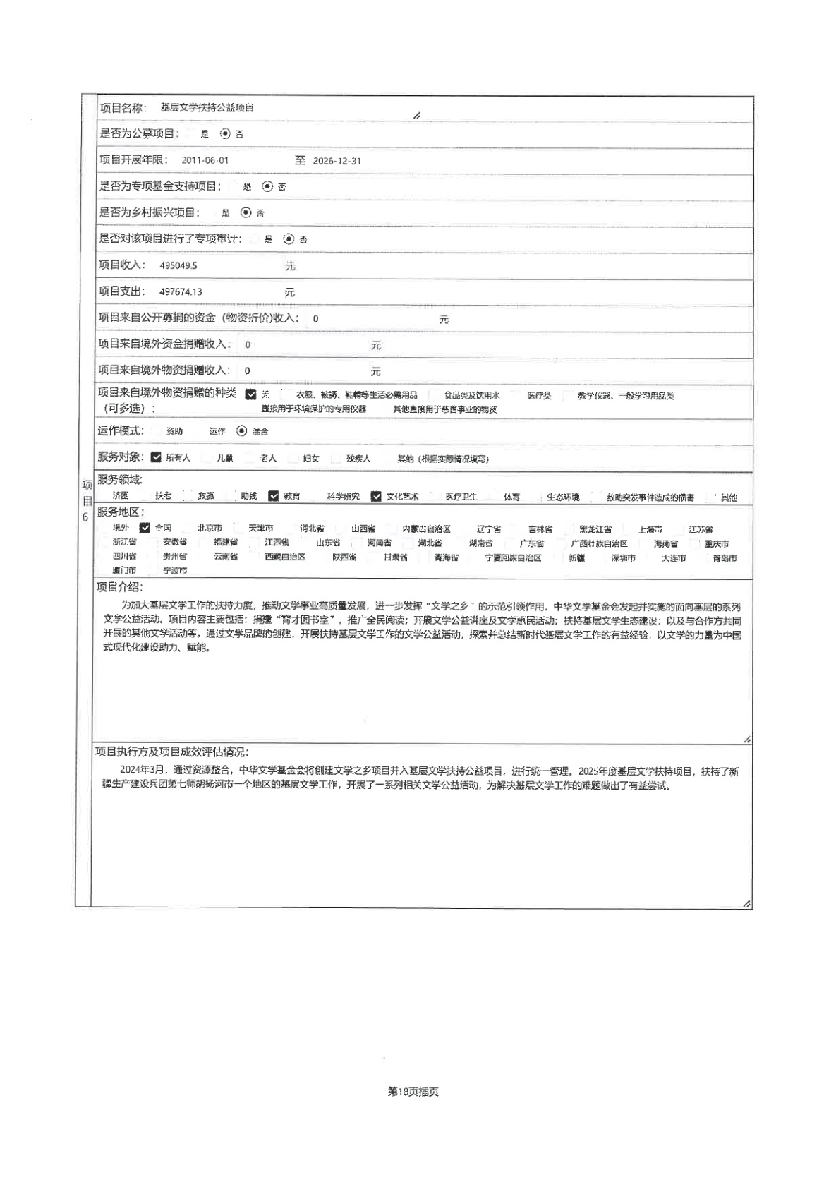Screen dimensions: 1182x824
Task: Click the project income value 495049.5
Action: click(x=178, y=266)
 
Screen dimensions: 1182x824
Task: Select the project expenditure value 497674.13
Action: click(x=181, y=292)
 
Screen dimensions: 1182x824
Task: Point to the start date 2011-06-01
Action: click(x=205, y=161)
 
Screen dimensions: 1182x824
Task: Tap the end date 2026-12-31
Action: click(x=337, y=161)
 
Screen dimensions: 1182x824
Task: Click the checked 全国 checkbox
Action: click(x=145, y=528)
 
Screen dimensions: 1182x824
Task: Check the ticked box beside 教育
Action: click(x=274, y=496)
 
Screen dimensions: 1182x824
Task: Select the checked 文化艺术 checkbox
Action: click(x=376, y=496)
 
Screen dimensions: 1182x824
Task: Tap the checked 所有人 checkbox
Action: click(x=156, y=457)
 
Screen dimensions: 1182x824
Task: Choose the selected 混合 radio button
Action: click(x=242, y=431)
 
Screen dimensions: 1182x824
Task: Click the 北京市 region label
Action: click(x=210, y=529)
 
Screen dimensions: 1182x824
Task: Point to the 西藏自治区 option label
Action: click(x=285, y=557)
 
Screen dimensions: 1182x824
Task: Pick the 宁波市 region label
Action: click(x=175, y=570)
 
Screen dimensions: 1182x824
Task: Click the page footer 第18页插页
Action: click(x=413, y=1092)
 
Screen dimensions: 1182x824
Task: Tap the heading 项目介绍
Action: click(x=119, y=587)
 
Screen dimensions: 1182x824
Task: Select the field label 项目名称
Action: click(x=123, y=108)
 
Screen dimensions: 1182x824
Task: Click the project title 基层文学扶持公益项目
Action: click(x=207, y=108)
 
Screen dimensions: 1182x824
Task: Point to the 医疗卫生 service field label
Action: click(x=461, y=497)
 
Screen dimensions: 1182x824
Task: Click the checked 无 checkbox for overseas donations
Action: click(x=250, y=394)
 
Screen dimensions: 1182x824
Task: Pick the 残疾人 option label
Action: click(x=358, y=458)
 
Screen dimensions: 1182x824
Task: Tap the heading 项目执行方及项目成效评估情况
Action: click(x=171, y=752)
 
